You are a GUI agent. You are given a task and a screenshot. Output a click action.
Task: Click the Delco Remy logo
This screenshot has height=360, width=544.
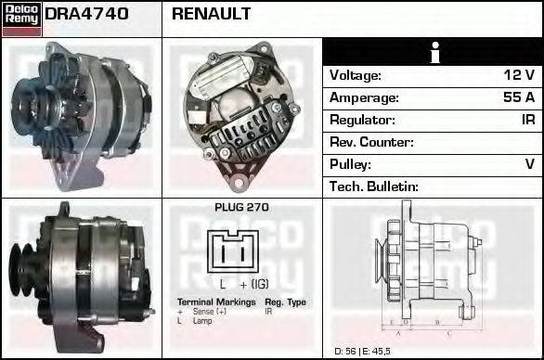coord(21,19)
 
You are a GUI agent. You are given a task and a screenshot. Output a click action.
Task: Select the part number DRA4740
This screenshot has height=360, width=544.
coord(86,15)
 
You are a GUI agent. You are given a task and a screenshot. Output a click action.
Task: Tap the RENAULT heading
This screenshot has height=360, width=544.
coord(212,15)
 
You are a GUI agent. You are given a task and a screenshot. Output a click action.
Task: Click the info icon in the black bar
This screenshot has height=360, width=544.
coord(433,53)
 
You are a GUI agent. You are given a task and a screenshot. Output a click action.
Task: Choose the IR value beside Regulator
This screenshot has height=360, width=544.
coord(526,120)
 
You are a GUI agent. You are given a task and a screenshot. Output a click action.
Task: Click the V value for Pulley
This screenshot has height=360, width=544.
coord(529,164)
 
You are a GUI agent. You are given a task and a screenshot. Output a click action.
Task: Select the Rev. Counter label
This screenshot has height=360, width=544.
coord(371,142)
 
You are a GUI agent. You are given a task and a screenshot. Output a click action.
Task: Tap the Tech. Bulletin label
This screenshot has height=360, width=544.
coord(374,186)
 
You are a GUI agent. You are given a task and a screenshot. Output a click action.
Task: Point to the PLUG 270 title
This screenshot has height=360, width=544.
coord(241,208)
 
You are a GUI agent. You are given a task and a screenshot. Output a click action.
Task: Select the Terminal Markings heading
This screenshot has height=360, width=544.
coord(215,302)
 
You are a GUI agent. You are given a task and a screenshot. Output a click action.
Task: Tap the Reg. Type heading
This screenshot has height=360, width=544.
coord(285,302)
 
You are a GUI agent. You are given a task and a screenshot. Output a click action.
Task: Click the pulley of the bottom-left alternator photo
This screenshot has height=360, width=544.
coord(21,267)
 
